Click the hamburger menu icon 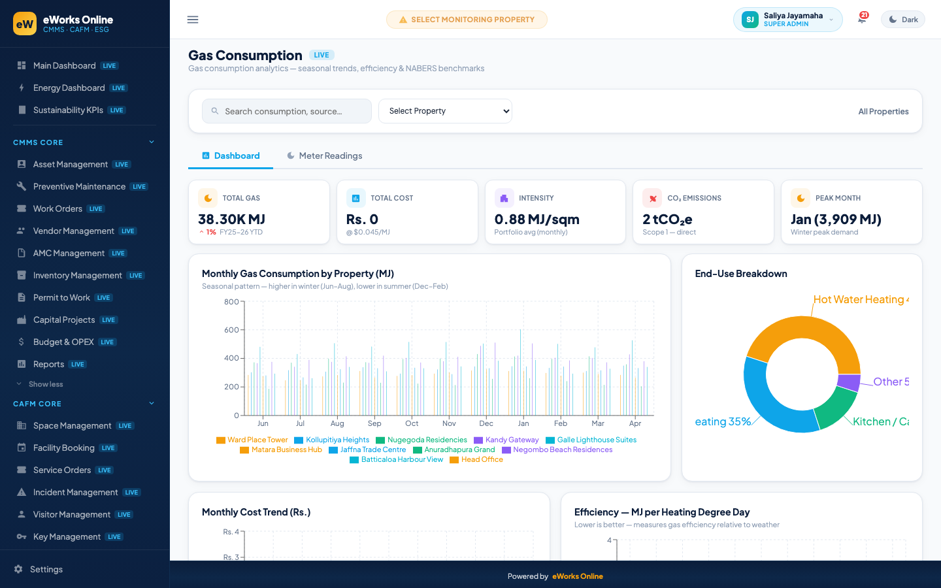[x=193, y=20]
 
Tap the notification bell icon [x=862, y=19]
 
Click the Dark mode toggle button [x=903, y=20]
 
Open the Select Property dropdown [x=445, y=111]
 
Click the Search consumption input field [x=286, y=111]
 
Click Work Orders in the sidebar [x=58, y=209]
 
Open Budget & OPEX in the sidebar [x=63, y=342]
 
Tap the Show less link [x=45, y=384]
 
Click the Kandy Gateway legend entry [x=506, y=440]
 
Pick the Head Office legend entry [x=476, y=459]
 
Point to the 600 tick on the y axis [x=231, y=330]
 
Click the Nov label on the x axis [x=449, y=423]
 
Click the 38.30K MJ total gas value [x=231, y=220]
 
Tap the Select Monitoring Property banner [x=467, y=20]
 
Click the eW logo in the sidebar [x=25, y=24]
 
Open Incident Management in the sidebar [x=76, y=492]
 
